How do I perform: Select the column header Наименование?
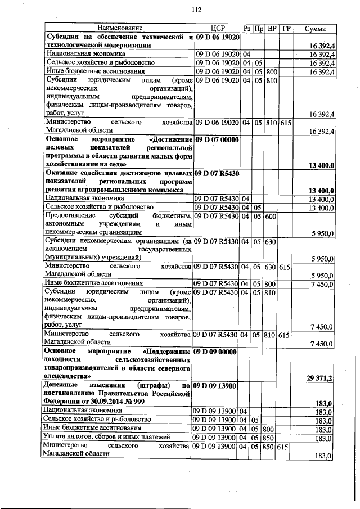[x=119, y=28]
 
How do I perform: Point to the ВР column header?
[x=272, y=28]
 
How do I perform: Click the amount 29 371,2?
[x=319, y=379]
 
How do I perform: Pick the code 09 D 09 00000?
[x=217, y=352]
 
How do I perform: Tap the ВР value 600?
[x=270, y=216]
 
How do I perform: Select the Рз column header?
[x=247, y=28]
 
